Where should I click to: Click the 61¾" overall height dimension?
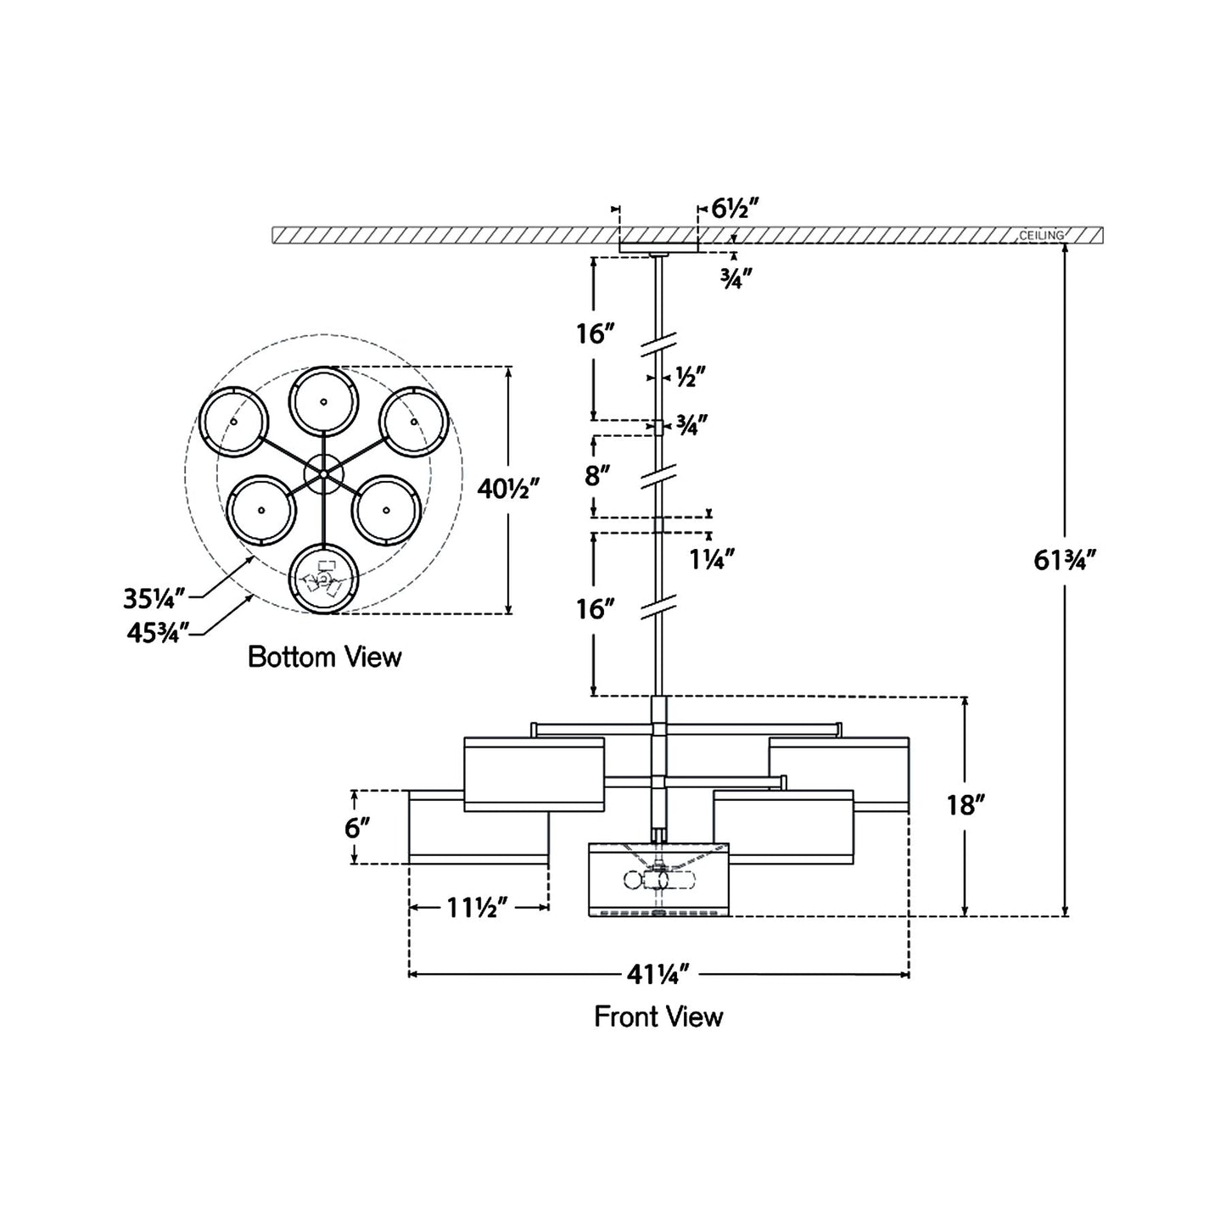pyautogui.click(x=1066, y=560)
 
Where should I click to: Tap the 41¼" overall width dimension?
pyautogui.click(x=661, y=975)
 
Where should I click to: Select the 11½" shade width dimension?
pyautogui.click(x=478, y=908)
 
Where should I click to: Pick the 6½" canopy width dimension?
pyautogui.click(x=733, y=208)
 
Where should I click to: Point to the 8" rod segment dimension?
pyautogui.click(x=597, y=475)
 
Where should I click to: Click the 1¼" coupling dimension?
pyautogui.click(x=712, y=557)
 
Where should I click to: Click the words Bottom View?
pyautogui.click(x=324, y=657)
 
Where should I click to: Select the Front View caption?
pyautogui.click(x=658, y=1016)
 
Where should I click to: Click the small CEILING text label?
pyautogui.click(x=1041, y=235)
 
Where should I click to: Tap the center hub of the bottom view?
pyautogui.click(x=323, y=473)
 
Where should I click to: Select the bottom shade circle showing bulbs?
pyautogui.click(x=323, y=579)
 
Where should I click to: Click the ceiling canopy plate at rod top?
pyautogui.click(x=658, y=248)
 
